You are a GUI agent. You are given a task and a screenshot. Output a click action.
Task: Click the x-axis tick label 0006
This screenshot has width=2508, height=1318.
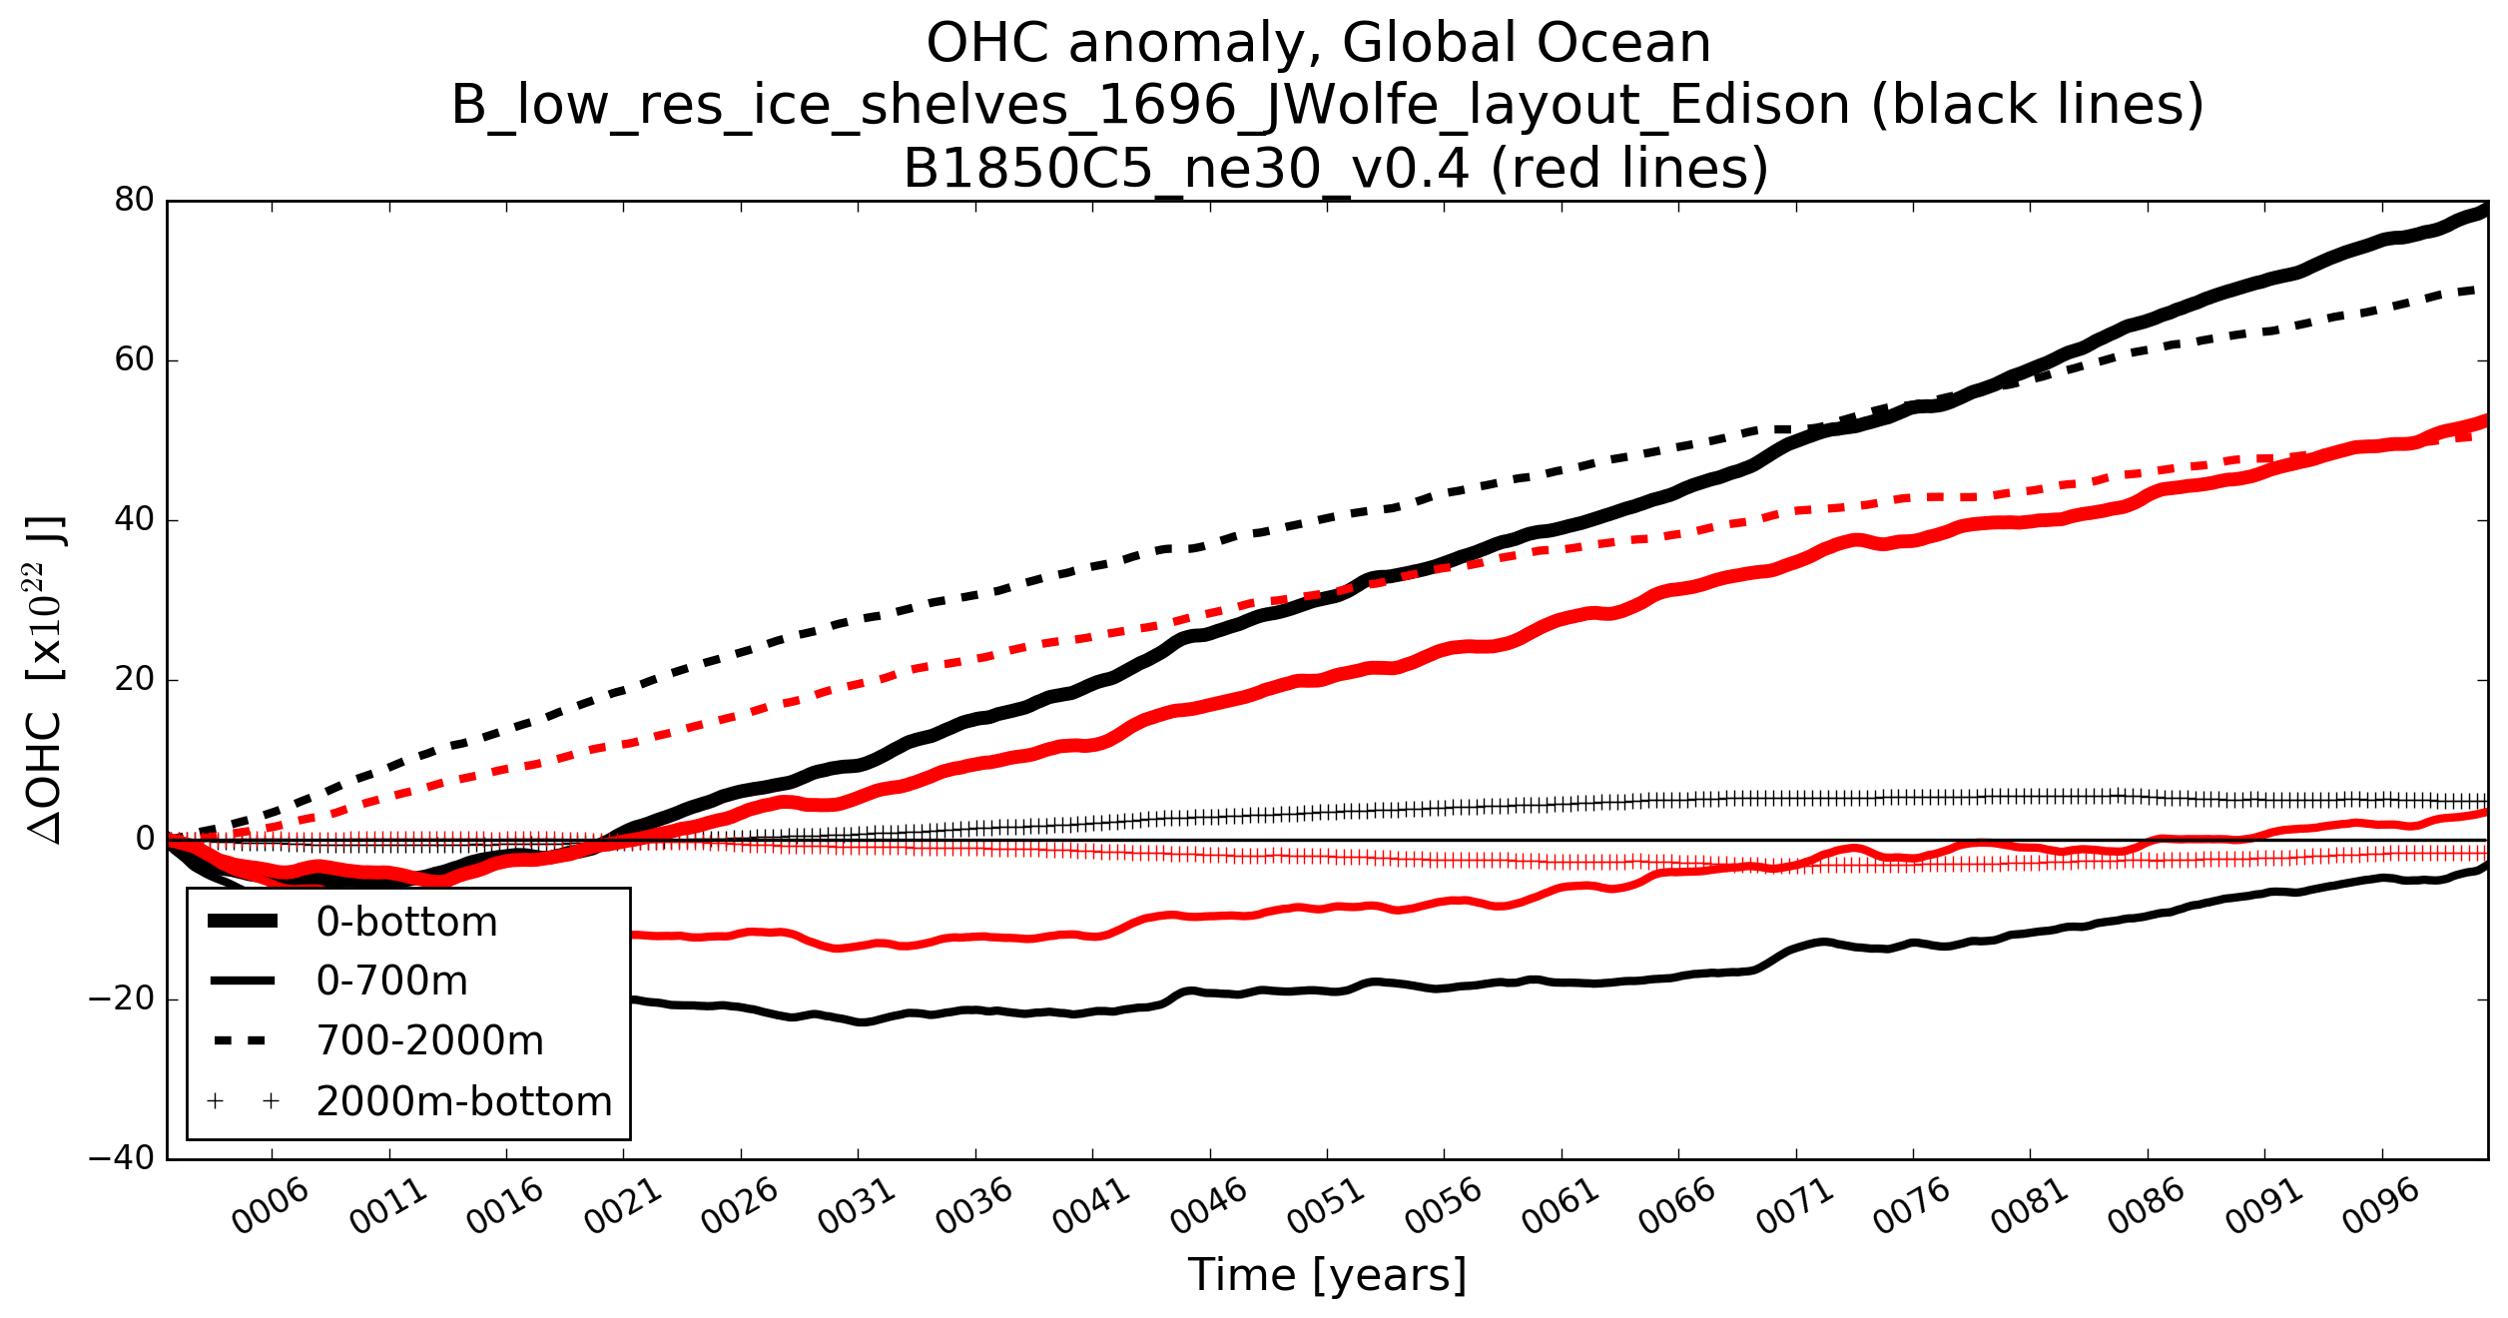(271, 1206)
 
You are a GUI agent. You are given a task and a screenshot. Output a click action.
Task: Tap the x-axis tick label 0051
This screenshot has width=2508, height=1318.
(1326, 1206)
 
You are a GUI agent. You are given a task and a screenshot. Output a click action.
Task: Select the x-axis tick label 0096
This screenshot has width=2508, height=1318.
(2381, 1206)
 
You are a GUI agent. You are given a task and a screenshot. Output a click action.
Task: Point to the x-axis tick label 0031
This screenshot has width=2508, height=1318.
(857, 1206)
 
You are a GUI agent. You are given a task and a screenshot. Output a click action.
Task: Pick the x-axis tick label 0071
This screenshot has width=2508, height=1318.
(1795, 1206)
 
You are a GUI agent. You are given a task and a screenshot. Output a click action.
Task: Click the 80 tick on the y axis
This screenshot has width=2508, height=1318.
(135, 201)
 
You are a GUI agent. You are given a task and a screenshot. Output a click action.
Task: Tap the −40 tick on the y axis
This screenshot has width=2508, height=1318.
(122, 1159)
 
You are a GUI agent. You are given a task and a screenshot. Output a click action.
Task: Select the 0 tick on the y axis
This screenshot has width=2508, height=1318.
(146, 840)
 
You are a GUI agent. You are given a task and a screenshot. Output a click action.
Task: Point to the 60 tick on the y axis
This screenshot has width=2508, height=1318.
(135, 360)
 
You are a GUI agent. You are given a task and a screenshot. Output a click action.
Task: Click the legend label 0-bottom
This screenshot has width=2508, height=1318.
(406, 923)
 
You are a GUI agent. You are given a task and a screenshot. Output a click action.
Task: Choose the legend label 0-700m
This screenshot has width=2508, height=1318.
(391, 982)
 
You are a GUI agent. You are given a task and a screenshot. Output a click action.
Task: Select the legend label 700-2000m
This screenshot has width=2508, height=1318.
(429, 1041)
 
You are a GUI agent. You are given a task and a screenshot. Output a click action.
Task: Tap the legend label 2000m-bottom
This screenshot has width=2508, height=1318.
(464, 1101)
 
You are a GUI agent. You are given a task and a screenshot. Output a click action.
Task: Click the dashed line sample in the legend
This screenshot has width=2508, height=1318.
(242, 1041)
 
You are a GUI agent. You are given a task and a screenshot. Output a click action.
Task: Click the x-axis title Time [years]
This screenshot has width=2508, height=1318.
(1327, 1275)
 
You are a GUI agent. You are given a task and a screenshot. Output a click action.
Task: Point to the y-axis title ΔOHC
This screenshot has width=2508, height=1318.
(45, 779)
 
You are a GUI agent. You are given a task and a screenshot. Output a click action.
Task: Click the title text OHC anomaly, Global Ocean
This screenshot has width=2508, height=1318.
(1318, 44)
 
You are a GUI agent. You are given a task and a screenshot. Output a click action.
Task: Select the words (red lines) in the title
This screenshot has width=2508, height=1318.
(1628, 168)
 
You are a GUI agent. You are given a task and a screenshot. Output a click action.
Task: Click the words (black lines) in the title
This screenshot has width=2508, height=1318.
(2037, 105)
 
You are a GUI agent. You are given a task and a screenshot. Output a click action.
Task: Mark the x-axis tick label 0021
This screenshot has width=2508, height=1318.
(622, 1206)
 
